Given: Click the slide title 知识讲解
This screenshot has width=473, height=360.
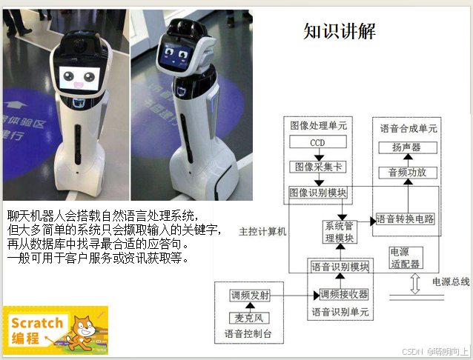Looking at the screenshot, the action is [340, 31].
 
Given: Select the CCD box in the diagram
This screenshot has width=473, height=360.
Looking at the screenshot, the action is [318, 141].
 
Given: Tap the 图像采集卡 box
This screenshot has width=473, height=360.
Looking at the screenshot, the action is [318, 167].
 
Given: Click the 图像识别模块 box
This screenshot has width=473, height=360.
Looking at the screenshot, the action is [317, 193].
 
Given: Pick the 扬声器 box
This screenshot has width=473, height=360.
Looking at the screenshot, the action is [408, 147].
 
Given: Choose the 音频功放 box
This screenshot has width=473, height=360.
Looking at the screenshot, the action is [408, 173].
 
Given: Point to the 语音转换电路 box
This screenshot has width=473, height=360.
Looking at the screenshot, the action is [405, 219].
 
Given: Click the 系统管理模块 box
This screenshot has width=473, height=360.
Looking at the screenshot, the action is [340, 232].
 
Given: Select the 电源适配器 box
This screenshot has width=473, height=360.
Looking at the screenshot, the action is [406, 258].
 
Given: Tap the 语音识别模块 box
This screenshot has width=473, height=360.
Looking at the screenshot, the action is [340, 267].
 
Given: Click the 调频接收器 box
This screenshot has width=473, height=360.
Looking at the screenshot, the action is [344, 294].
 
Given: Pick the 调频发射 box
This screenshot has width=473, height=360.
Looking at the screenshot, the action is [250, 296].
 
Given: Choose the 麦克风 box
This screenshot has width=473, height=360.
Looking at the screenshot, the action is [249, 318].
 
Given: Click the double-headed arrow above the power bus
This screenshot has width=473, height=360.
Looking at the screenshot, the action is [415, 284].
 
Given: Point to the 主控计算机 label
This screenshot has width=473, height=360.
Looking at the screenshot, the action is [262, 232].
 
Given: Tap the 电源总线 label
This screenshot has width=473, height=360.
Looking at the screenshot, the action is [451, 281].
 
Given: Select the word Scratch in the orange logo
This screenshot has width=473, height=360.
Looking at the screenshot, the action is [37, 323].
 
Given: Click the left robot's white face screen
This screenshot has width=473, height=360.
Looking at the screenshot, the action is [79, 79].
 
